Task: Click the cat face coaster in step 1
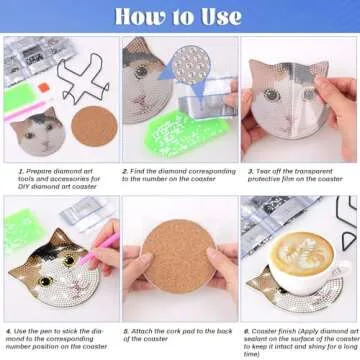coord(37,130)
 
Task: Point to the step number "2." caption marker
coord(126,171)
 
